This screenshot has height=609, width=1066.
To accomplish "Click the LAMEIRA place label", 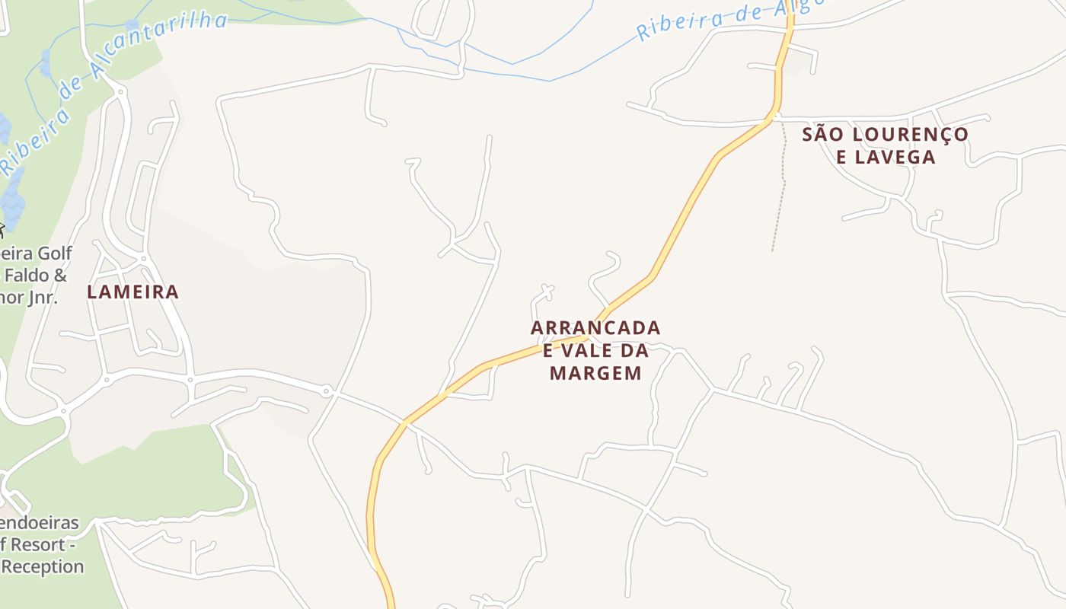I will coord(133,292).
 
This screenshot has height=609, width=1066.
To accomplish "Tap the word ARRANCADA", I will coord(595,328).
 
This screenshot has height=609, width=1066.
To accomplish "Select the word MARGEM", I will coord(595,373).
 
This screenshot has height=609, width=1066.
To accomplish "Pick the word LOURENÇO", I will coord(911,135).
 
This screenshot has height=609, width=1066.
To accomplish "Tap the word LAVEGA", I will coord(895,158).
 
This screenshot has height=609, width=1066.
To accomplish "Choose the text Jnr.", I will coord(43,297).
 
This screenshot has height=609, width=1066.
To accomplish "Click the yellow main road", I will coord(685,213).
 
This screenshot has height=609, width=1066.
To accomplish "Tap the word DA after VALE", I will coord(634,351).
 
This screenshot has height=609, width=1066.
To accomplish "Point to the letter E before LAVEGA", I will coord(841,158).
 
